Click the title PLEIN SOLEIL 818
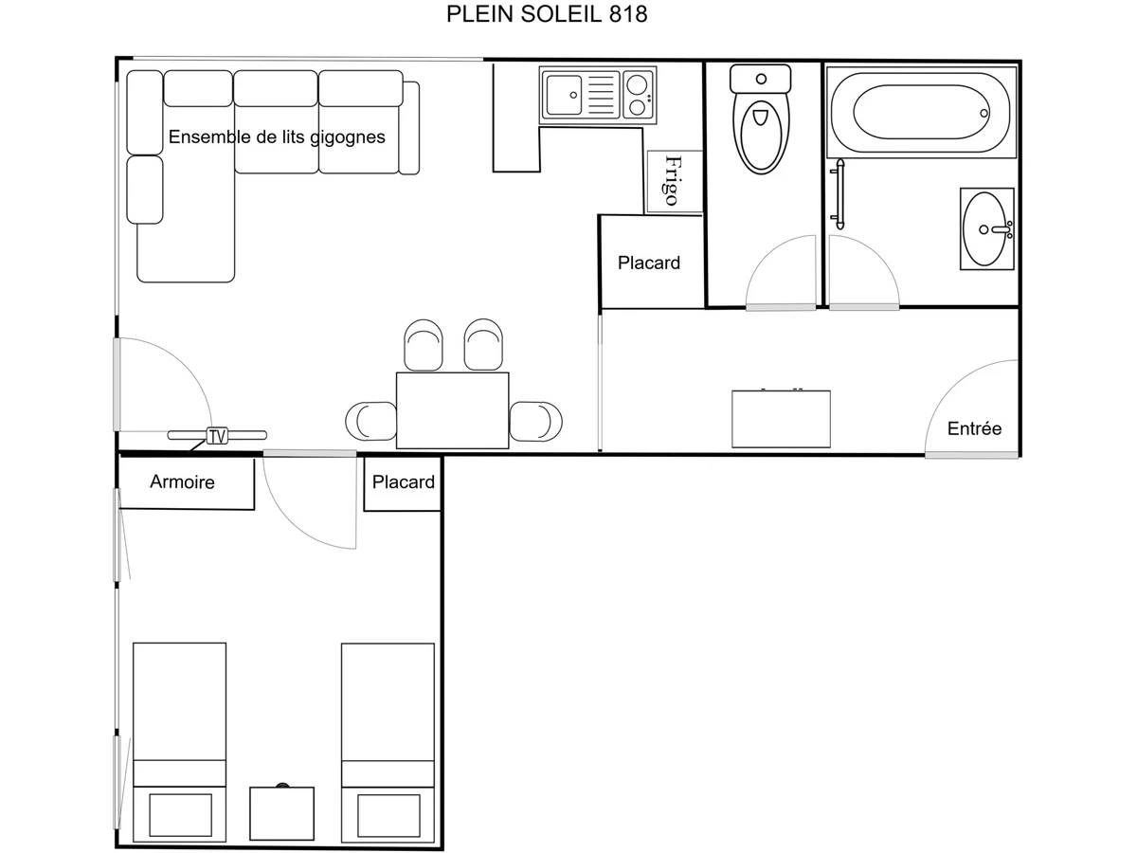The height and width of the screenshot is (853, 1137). click(547, 14)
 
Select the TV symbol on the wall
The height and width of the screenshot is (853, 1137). click(217, 437)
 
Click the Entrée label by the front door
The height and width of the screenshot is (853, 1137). click(974, 429)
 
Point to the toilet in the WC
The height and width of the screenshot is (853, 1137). click(762, 123)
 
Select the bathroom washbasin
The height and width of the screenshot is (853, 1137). click(986, 228)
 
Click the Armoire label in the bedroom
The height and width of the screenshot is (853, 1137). click(182, 482)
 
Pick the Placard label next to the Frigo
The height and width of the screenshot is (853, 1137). click(649, 263)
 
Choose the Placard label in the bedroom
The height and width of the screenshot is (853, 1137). click(403, 482)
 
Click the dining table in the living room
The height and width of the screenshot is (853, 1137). click(452, 410)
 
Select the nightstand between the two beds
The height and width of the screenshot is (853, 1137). click(281, 814)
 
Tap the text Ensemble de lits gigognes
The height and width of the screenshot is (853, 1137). click(277, 137)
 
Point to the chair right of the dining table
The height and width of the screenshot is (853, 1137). click(535, 420)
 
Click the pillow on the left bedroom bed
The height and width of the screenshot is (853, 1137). click(180, 815)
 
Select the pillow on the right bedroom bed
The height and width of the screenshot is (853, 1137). click(388, 815)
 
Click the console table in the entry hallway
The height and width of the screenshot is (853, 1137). click(781, 419)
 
